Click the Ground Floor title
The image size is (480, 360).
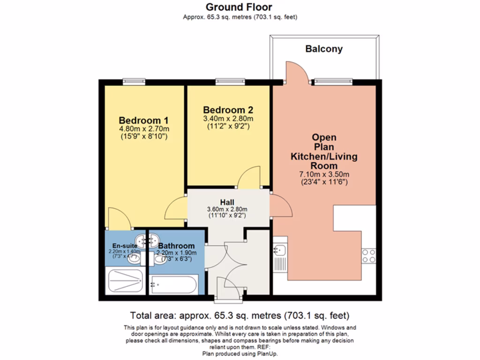(240, 7)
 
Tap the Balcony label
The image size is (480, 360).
(324, 49)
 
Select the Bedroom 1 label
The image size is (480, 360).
(143, 120)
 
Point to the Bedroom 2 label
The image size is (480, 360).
(228, 110)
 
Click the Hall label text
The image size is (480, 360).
(227, 202)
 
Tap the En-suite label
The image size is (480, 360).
(124, 246)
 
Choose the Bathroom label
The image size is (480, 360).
(176, 246)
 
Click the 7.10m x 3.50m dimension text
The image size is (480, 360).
(324, 175)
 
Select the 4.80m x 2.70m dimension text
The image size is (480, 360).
(144, 128)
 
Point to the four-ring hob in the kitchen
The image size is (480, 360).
(368, 255)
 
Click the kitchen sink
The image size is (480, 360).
(280, 253)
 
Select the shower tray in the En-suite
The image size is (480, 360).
(125, 281)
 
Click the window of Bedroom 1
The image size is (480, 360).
(134, 82)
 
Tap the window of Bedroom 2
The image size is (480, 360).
(230, 82)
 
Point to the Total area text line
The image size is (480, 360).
(240, 315)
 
